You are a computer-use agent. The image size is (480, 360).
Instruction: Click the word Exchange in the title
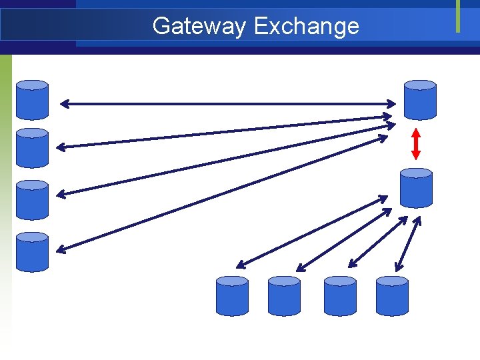point(306,26)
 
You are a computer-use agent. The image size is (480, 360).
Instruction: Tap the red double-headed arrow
point(416,143)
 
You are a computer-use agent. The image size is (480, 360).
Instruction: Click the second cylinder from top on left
point(32,147)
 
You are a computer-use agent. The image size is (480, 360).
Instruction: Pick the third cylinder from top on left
point(32,199)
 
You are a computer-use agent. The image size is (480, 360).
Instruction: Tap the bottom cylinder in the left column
point(32,251)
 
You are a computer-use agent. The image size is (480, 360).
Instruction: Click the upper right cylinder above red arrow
point(420,99)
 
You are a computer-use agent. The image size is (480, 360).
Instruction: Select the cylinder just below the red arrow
point(416,188)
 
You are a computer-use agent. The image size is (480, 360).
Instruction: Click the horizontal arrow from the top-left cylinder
point(227,103)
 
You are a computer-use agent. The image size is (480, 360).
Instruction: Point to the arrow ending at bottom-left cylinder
point(220,194)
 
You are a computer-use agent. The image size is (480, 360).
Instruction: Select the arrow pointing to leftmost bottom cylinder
point(311,231)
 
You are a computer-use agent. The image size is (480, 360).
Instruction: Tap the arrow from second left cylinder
point(224,131)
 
